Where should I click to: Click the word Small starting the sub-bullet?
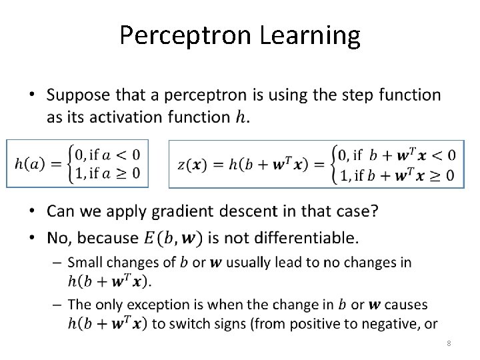click(x=85, y=262)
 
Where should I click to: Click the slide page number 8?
click(x=449, y=343)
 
